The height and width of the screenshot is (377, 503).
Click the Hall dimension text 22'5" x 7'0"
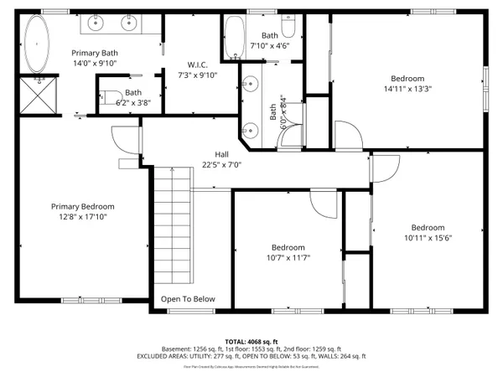coord(221,165)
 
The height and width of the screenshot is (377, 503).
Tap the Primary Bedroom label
coord(82,206)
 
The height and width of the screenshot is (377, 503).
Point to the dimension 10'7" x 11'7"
coord(287,258)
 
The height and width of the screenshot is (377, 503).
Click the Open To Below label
coord(189,299)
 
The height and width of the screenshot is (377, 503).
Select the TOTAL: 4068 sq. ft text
coord(251,342)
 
